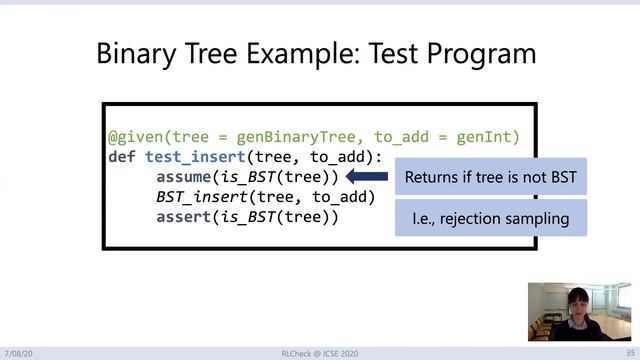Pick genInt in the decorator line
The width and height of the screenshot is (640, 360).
click(484, 137)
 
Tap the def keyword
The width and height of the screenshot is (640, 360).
click(122, 157)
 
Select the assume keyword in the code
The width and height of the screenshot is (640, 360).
click(186, 177)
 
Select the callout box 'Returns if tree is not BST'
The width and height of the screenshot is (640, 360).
click(490, 177)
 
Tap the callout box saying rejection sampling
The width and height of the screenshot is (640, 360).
click(490, 217)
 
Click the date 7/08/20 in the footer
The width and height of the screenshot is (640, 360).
click(19, 353)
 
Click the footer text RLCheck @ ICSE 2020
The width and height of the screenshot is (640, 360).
click(319, 353)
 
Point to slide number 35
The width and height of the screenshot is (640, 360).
click(617, 353)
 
